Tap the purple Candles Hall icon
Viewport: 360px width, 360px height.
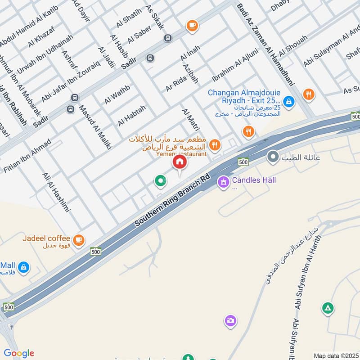coord(223,182)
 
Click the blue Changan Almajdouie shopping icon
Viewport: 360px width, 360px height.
coord(289,102)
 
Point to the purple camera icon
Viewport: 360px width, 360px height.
coord(230,320)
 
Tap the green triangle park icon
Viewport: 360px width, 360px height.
coord(328,308)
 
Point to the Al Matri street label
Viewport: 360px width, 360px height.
coord(190,119)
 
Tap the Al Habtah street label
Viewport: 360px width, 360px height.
coord(132,116)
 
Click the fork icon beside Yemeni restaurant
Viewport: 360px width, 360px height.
coord(215,144)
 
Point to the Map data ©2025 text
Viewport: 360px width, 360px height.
coord(335,356)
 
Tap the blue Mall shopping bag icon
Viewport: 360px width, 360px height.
coord(23,267)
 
